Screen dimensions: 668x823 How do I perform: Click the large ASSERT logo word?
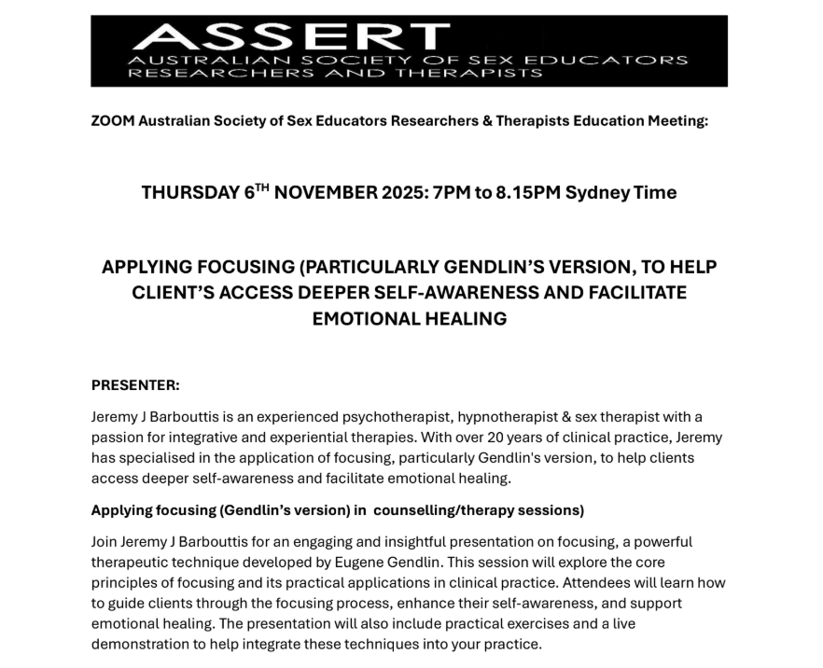click(288, 36)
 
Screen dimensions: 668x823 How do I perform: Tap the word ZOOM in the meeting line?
click(112, 121)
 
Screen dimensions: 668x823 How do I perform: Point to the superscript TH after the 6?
click(262, 188)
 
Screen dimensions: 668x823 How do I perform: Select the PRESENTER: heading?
click(135, 384)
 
